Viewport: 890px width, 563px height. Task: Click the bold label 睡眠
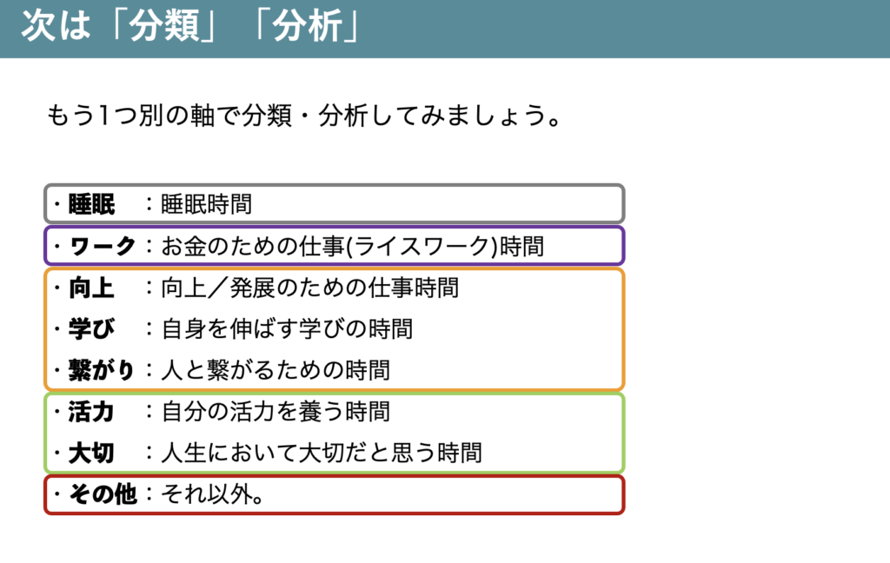tap(91, 204)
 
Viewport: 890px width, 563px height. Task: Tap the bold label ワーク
tap(103, 247)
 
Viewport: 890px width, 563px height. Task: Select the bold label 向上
tap(91, 288)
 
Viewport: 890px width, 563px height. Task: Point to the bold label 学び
tap(91, 329)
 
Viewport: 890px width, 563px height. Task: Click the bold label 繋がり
tap(102, 371)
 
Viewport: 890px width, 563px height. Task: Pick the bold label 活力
tap(91, 412)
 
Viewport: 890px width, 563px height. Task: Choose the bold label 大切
tap(91, 453)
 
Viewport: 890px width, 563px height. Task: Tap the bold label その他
tap(103, 494)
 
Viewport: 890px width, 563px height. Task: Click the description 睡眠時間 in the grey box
tap(207, 204)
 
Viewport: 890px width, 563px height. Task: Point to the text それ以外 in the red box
tap(207, 494)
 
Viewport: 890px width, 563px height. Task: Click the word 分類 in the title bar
tap(164, 26)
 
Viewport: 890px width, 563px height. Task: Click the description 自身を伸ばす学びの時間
tap(287, 329)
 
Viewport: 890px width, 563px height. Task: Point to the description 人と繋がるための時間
tap(276, 371)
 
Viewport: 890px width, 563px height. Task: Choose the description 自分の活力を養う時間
tap(276, 412)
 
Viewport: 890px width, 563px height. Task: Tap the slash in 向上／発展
tap(218, 288)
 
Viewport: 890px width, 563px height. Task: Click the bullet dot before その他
tap(57, 493)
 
